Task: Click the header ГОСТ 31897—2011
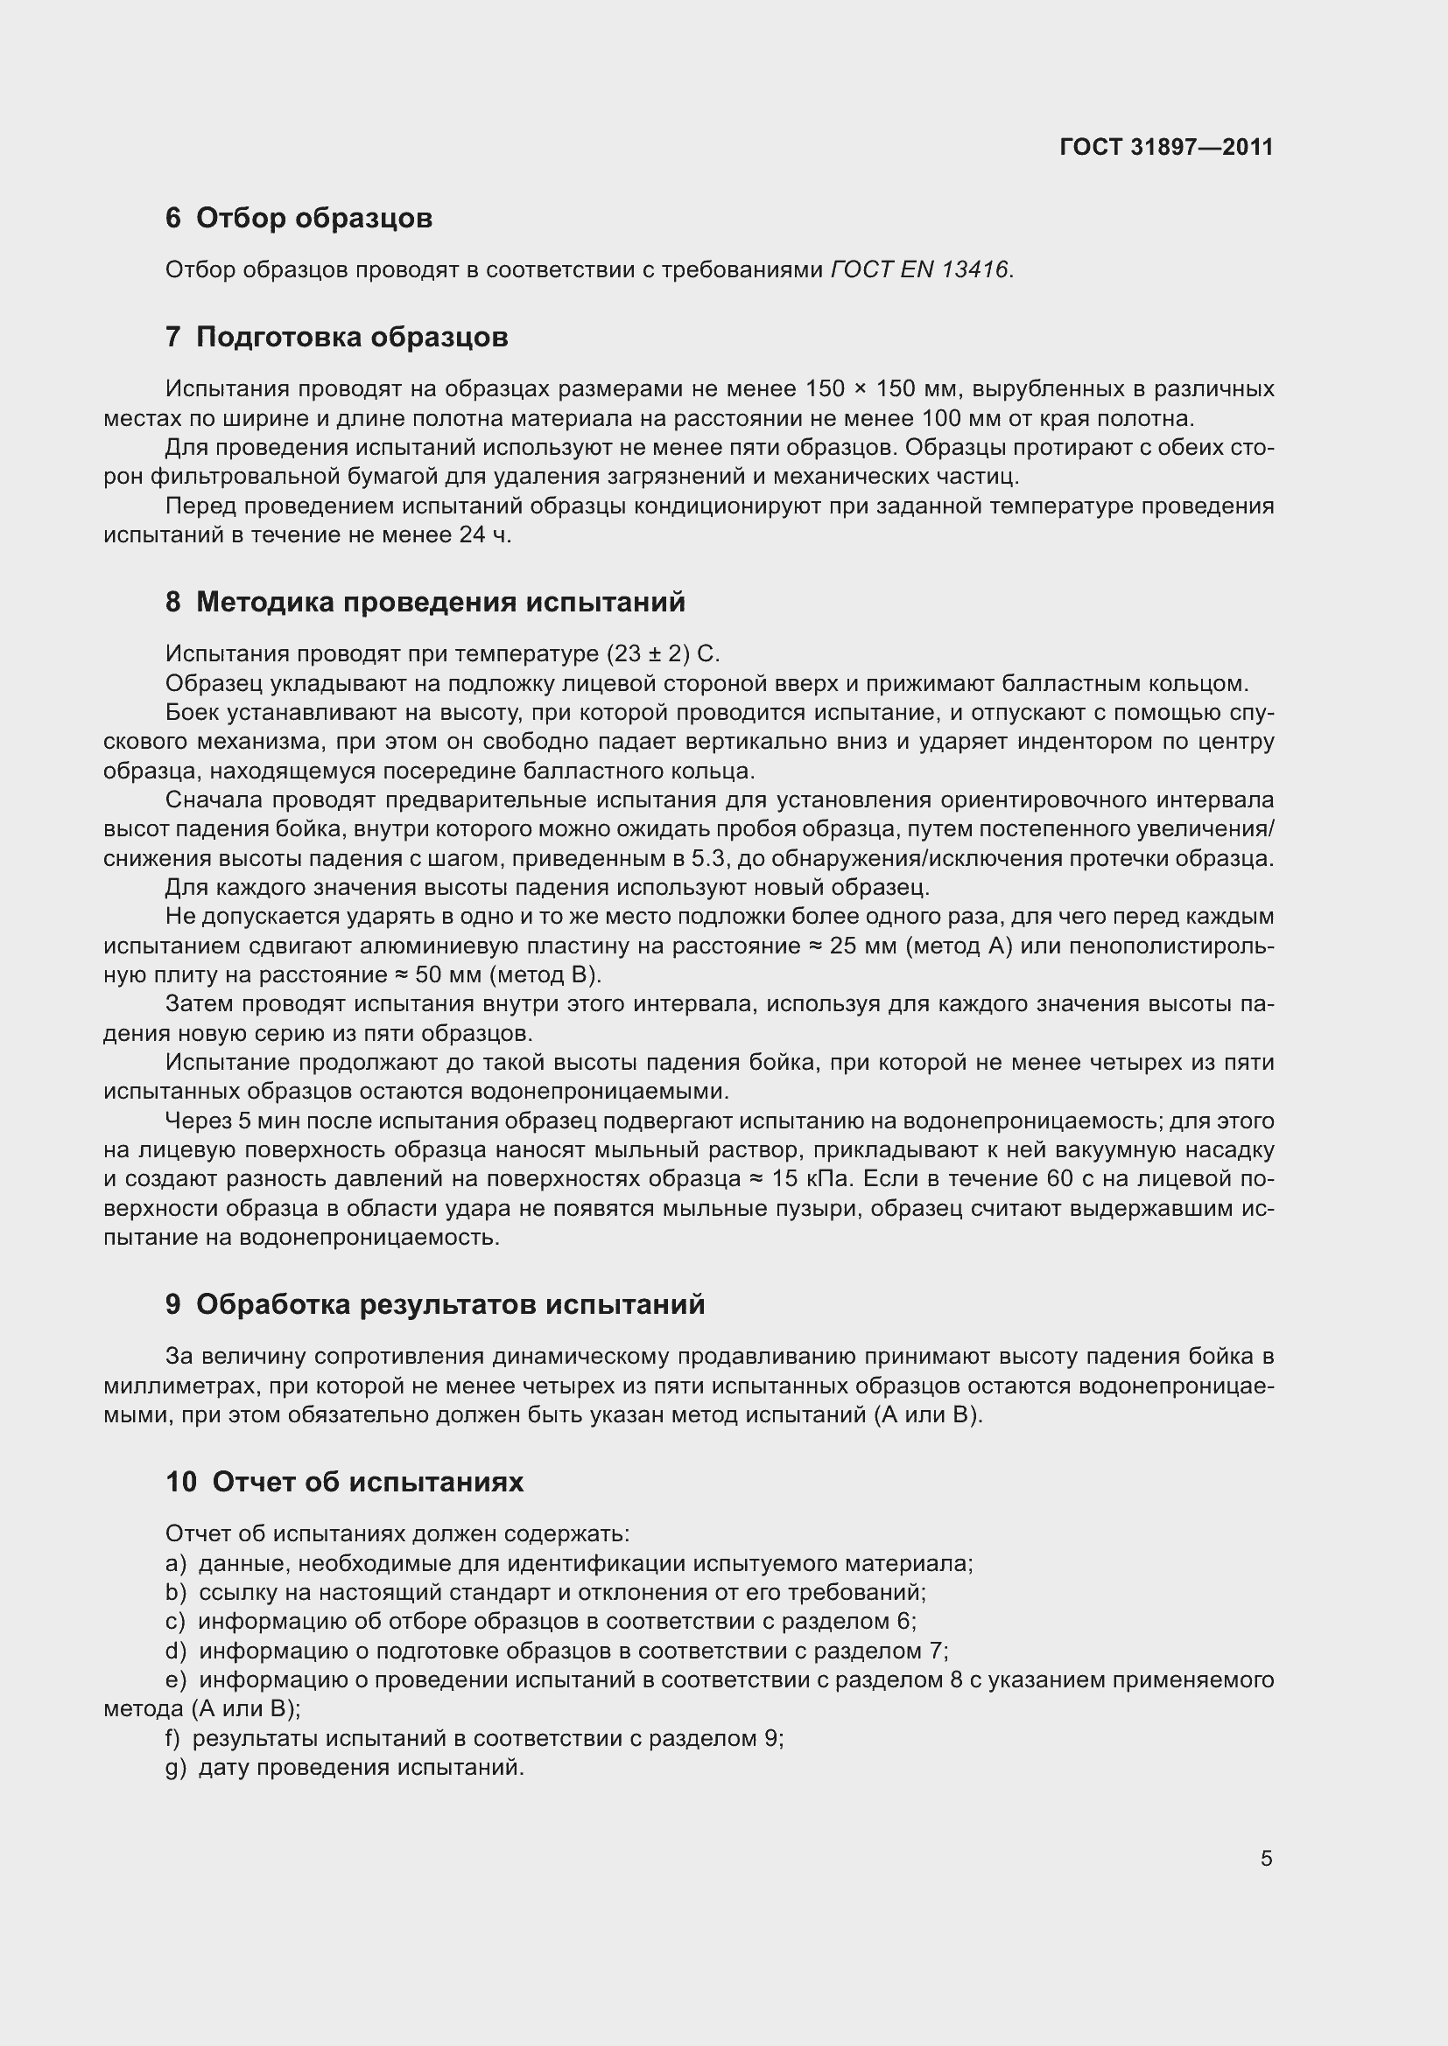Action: coord(1166,147)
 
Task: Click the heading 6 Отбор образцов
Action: coord(299,218)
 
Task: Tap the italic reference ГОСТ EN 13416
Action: coord(919,269)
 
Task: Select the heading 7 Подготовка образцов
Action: coord(336,337)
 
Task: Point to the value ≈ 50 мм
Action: coord(438,974)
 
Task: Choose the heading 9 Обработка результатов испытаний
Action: coord(434,1304)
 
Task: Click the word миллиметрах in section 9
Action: coord(180,1386)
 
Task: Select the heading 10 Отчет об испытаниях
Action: coord(344,1482)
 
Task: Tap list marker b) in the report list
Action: coord(175,1591)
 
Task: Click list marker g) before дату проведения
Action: coord(175,1767)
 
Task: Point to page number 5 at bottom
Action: coord(1266,1858)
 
